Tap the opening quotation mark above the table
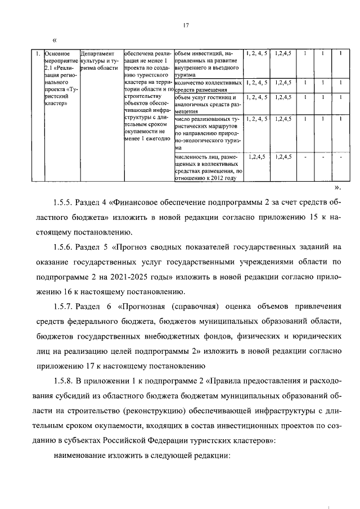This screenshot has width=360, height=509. coord(55,40)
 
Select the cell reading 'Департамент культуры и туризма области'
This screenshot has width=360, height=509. coord(101,61)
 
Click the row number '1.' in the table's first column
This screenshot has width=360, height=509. coord(37,54)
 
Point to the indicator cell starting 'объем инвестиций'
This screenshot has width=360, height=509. coord(208,64)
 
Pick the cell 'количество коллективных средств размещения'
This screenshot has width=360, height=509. coord(208,85)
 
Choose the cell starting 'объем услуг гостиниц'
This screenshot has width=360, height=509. coord(208,104)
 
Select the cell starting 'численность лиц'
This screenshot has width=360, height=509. coord(208,167)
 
